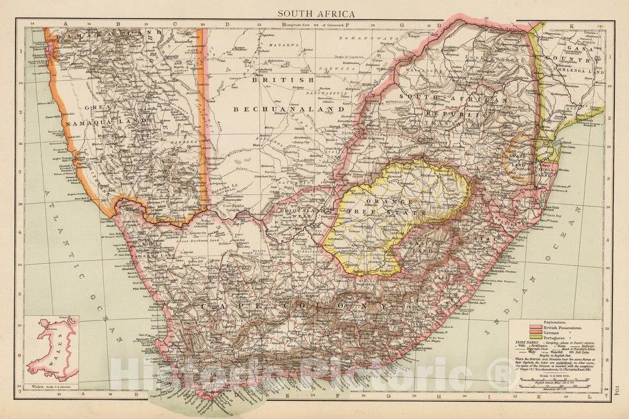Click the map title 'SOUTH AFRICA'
(x=316, y=14)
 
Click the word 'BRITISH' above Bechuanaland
(x=283, y=80)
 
